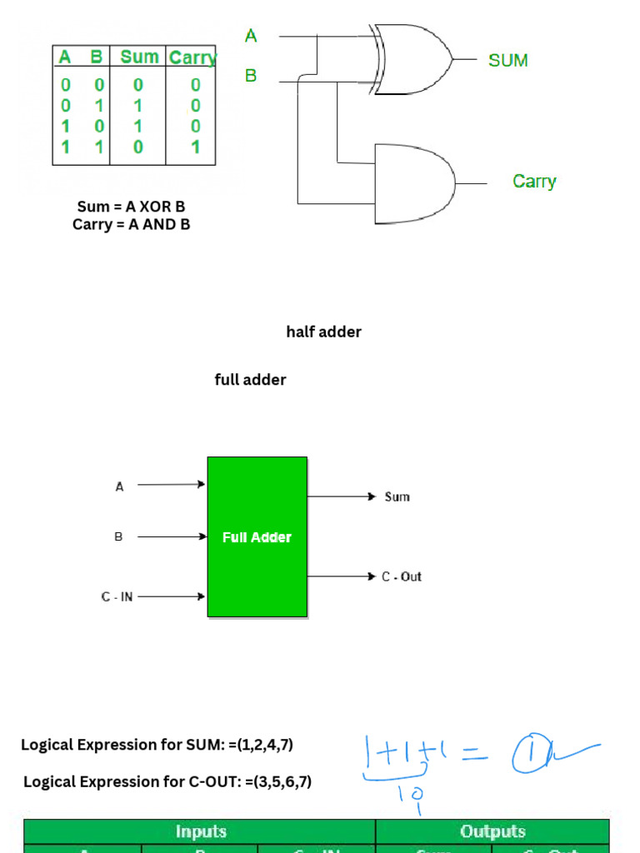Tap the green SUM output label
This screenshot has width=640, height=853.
click(x=507, y=60)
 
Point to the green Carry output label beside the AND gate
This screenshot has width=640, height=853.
click(x=534, y=182)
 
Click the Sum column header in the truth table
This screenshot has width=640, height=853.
click(x=139, y=57)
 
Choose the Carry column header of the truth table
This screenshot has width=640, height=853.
click(x=192, y=57)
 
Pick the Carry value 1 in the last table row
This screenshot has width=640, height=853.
click(x=195, y=147)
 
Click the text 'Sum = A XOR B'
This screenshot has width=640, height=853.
click(x=131, y=207)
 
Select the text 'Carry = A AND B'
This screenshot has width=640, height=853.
click(x=131, y=224)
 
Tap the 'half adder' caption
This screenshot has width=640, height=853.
click(x=323, y=332)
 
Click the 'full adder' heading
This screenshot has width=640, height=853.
click(x=250, y=380)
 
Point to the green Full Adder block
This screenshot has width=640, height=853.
click(x=257, y=537)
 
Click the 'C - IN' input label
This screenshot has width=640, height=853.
click(x=117, y=596)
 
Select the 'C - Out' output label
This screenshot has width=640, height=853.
click(x=402, y=576)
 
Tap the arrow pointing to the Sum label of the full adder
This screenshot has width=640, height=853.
click(x=342, y=496)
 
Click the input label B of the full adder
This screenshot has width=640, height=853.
click(x=118, y=537)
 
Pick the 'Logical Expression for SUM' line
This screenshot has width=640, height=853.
click(x=157, y=745)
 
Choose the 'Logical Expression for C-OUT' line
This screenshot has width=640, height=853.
click(x=167, y=782)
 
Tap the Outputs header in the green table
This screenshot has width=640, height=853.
click(x=492, y=831)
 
